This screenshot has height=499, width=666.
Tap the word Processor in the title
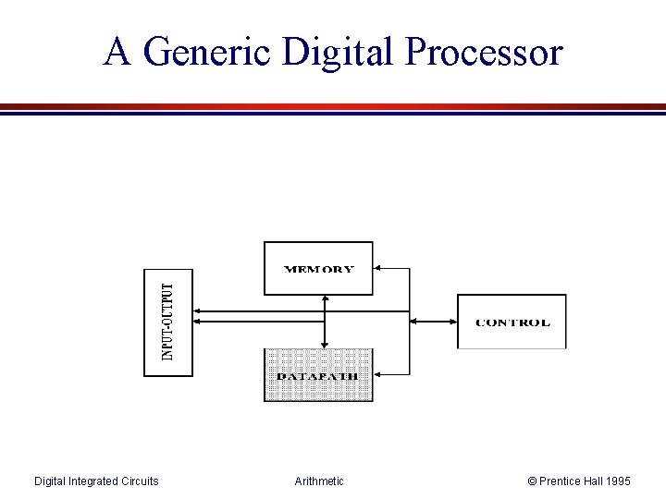click(x=484, y=53)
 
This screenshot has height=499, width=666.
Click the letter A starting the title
click(x=117, y=52)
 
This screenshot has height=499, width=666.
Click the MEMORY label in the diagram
click(x=318, y=270)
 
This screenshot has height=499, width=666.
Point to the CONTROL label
click(x=512, y=323)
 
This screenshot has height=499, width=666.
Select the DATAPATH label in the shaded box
click(x=318, y=377)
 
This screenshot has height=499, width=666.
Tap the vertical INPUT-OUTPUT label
click(x=167, y=322)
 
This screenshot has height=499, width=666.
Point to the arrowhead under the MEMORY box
click(x=324, y=299)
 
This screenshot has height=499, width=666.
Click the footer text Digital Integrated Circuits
click(x=96, y=481)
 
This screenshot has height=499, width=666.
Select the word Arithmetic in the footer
click(x=319, y=481)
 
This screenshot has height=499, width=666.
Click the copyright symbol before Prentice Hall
click(x=533, y=481)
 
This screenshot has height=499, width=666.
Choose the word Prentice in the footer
click(x=560, y=481)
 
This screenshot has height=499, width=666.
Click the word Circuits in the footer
click(x=138, y=481)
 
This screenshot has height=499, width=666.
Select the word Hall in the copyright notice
click(x=592, y=481)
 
